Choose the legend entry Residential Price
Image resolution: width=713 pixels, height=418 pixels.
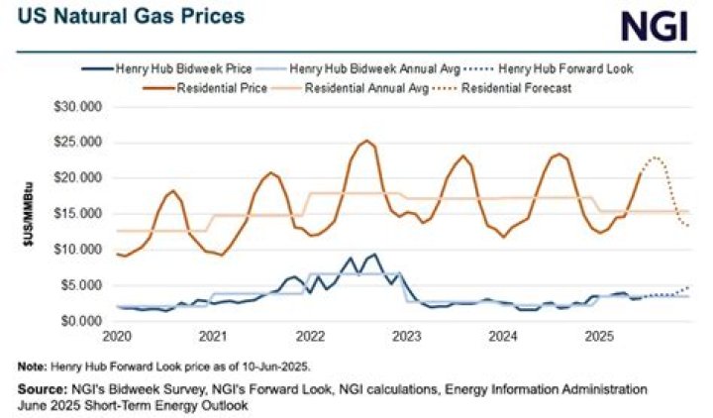219,88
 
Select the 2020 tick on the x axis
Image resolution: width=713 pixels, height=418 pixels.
118,336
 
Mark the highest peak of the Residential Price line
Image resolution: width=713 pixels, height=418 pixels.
366,141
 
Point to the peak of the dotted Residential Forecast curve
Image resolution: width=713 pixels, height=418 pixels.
654,157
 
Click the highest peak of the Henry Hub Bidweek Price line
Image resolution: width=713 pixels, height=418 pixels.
373,255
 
